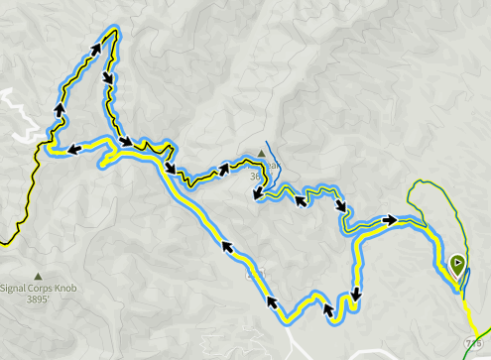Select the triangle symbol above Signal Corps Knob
38,276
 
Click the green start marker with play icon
457,266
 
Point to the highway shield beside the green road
468,341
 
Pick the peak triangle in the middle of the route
263,154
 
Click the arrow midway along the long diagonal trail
227,247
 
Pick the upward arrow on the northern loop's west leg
60,109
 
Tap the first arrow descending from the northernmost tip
106,77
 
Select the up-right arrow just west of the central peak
225,169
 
